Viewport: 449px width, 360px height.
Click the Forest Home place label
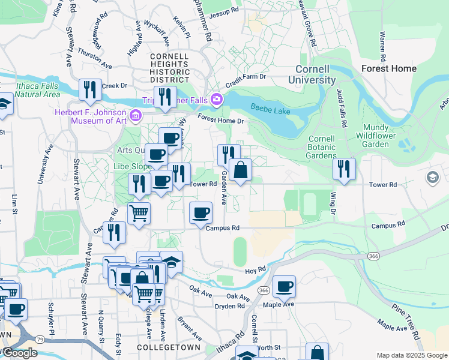pos(389,68)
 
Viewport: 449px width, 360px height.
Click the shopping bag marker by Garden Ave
pos(240,170)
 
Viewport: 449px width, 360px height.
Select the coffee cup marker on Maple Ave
pos(284,286)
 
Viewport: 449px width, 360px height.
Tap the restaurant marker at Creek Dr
pos(90,89)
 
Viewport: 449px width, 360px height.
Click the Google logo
pos(19,353)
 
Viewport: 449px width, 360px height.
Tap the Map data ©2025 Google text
pos(412,355)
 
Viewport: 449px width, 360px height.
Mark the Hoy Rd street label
pos(256,270)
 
